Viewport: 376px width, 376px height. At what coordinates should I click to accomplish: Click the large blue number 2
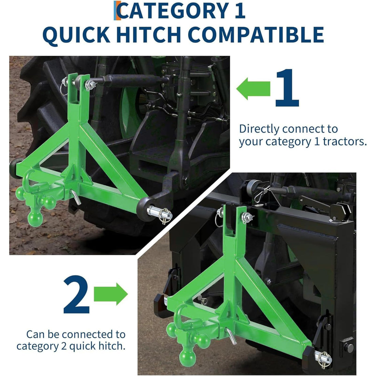76,294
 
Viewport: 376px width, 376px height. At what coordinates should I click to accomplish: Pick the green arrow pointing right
110,294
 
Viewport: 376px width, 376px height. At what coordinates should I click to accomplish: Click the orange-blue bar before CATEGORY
117,10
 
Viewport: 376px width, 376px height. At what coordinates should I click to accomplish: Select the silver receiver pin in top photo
76,197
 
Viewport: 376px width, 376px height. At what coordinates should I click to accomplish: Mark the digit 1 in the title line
240,10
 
